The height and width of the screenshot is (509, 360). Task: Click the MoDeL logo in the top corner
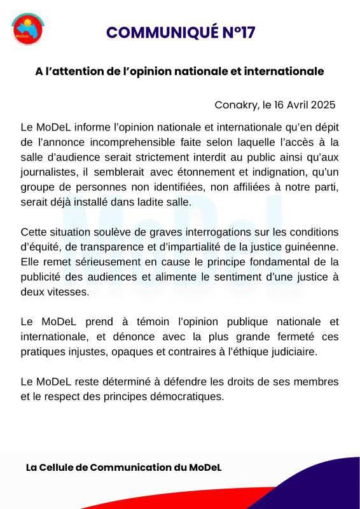[x=27, y=28]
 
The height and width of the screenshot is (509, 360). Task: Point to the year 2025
[x=322, y=105]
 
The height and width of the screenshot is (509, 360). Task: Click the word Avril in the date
[x=295, y=105]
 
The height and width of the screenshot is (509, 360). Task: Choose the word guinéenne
[x=313, y=248]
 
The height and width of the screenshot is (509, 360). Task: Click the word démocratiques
[x=186, y=396]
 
